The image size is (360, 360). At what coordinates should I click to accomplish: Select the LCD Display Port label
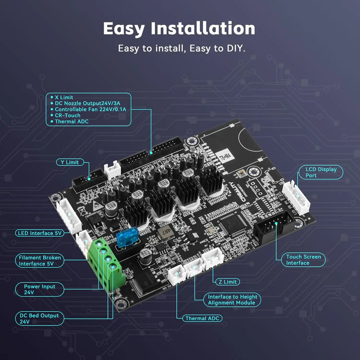click(x=321, y=172)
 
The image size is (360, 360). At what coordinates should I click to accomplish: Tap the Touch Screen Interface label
click(x=304, y=260)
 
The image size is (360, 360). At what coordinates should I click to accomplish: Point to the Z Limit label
click(x=227, y=282)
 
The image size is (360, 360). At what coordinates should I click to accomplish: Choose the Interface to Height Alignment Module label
click(x=232, y=300)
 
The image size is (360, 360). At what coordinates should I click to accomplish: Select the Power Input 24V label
click(x=40, y=289)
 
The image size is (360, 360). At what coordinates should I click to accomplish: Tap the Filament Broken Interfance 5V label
click(x=40, y=261)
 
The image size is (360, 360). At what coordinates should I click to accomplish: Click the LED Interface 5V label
click(x=39, y=233)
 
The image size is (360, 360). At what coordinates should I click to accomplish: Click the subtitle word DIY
click(x=235, y=48)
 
